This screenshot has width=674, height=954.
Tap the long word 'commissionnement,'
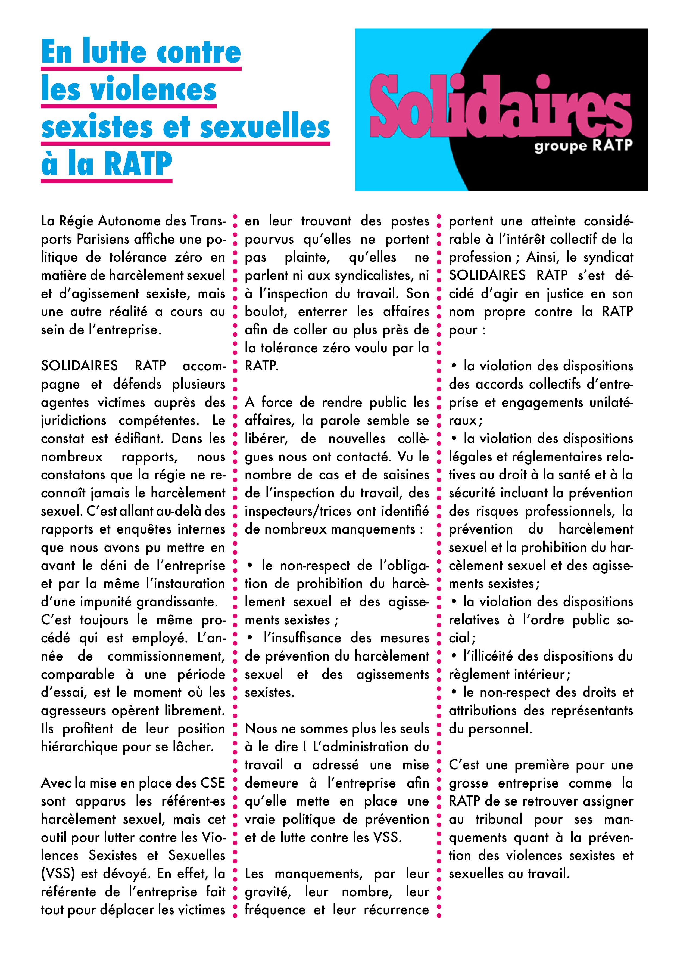(166, 656)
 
